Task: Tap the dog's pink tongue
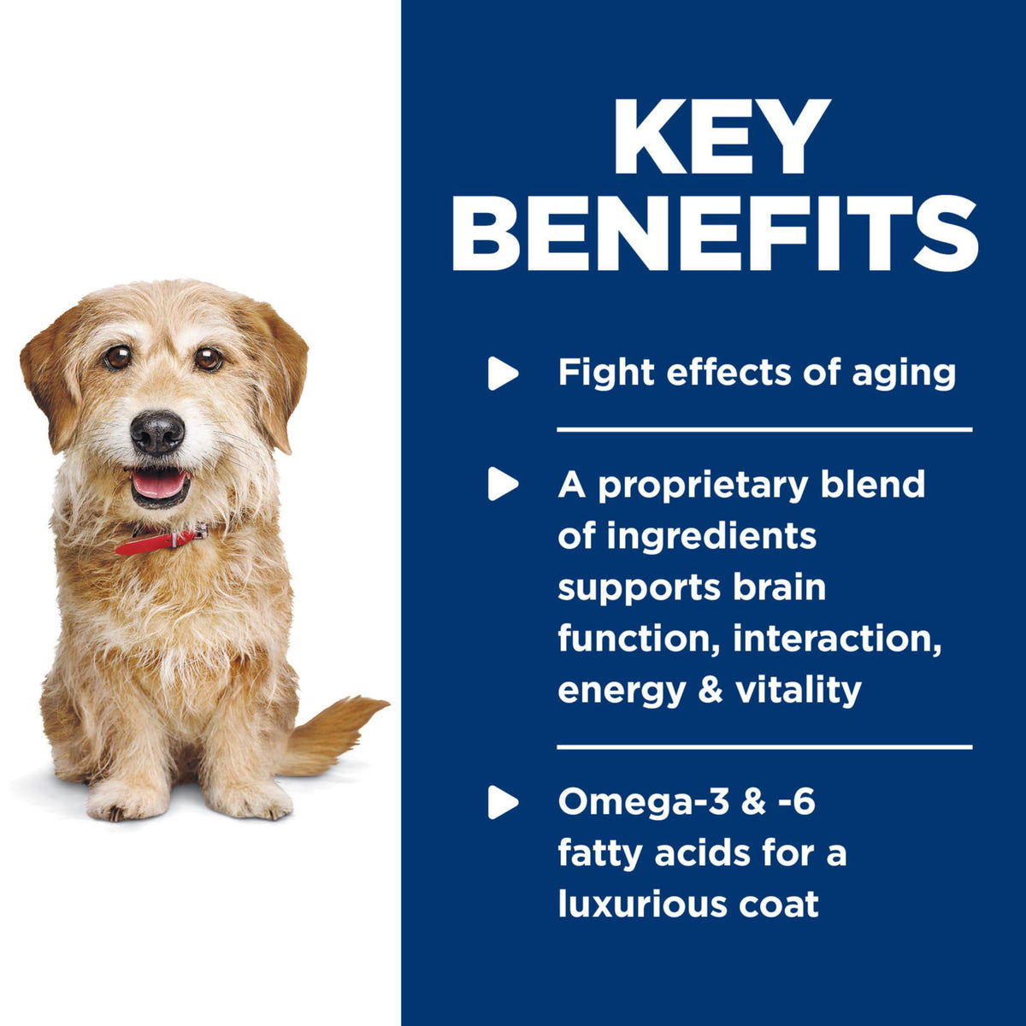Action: point(159,486)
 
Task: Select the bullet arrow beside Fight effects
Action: point(503,374)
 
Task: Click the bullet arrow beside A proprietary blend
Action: point(503,484)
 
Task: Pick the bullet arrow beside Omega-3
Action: point(503,802)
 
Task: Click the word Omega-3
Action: point(642,802)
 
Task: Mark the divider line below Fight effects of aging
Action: point(764,429)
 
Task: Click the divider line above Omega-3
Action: point(764,747)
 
